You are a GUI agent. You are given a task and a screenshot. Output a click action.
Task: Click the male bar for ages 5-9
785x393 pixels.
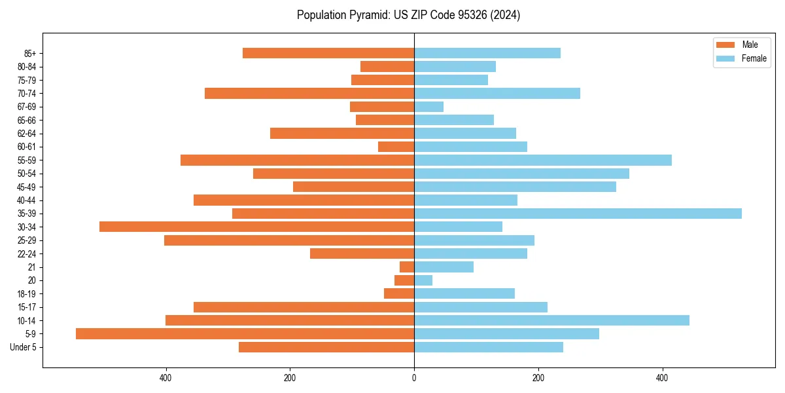pyautogui.click(x=245, y=333)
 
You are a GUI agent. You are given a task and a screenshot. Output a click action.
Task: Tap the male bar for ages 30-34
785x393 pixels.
pyautogui.click(x=256, y=227)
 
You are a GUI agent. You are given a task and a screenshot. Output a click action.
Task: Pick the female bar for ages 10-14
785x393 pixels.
pyautogui.click(x=551, y=320)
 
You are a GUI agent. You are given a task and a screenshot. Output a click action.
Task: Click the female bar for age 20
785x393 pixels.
pyautogui.click(x=423, y=280)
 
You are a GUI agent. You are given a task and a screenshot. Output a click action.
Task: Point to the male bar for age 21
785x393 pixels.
pyautogui.click(x=407, y=267)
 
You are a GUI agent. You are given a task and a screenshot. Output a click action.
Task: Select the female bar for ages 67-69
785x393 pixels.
pyautogui.click(x=428, y=107)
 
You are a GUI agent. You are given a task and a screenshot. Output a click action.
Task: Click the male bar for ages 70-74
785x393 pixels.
pyautogui.click(x=309, y=93)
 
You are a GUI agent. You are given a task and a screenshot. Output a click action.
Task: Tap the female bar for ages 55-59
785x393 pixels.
pyautogui.click(x=543, y=160)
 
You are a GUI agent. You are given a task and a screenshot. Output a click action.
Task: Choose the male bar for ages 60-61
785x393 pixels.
pyautogui.click(x=396, y=147)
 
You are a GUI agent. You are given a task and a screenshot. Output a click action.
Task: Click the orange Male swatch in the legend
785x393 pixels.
pyautogui.click(x=725, y=45)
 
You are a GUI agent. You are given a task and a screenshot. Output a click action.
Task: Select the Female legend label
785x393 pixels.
pyautogui.click(x=754, y=58)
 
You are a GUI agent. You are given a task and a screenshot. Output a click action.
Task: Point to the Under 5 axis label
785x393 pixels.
pyautogui.click(x=23, y=347)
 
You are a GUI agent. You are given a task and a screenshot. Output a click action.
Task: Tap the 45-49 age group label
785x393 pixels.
pyautogui.click(x=26, y=187)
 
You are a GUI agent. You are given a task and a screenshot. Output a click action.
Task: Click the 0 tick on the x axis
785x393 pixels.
pyautogui.click(x=414, y=378)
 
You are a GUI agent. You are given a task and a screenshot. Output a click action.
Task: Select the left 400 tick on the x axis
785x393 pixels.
pyautogui.click(x=166, y=378)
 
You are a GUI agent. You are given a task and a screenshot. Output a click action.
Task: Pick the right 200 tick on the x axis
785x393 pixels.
pyautogui.click(x=538, y=378)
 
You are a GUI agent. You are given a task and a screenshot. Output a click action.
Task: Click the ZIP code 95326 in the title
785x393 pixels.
pyautogui.click(x=476, y=15)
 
